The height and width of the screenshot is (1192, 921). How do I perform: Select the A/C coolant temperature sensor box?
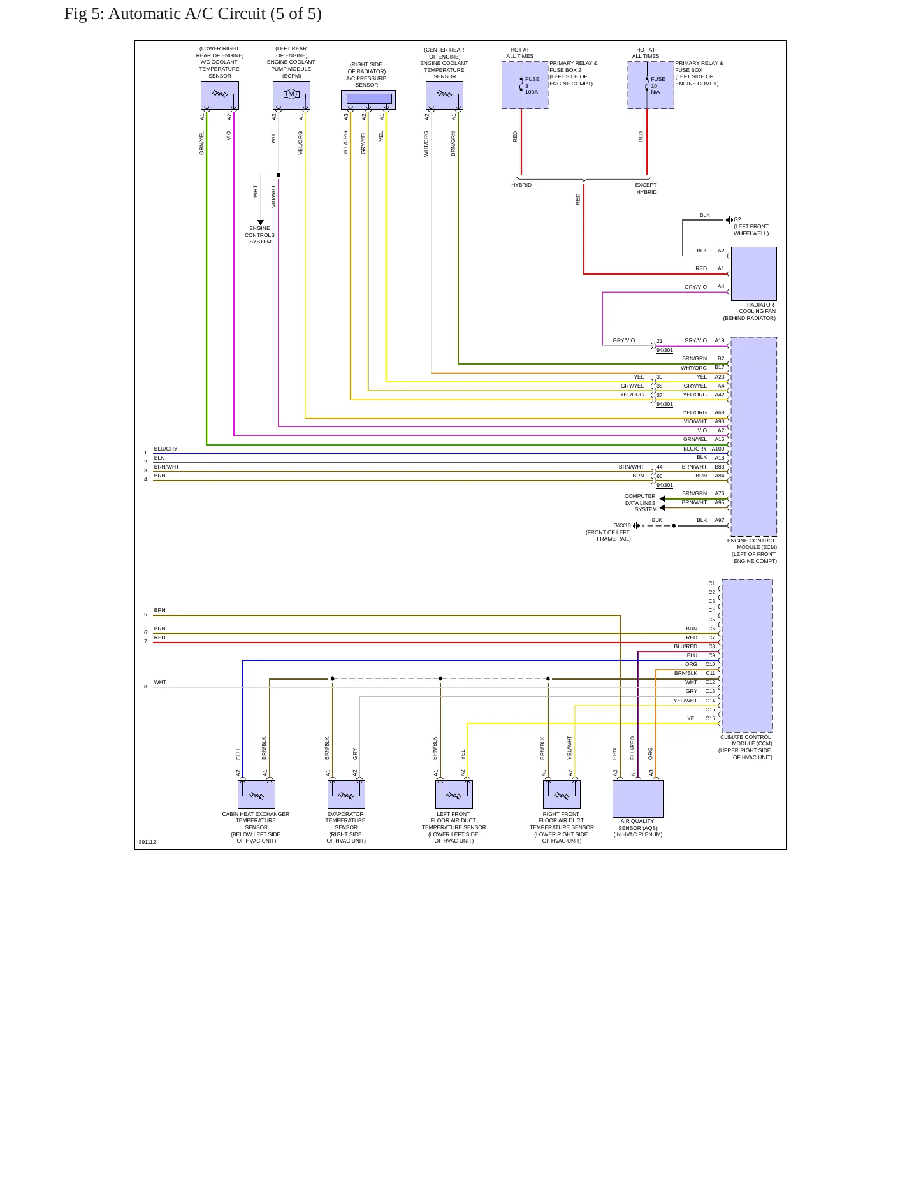coord(220,96)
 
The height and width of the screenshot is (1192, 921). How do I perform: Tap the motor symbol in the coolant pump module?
coord(291,94)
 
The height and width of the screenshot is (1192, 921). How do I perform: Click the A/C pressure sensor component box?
coord(368,99)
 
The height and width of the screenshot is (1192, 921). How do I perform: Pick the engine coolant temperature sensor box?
coord(444,96)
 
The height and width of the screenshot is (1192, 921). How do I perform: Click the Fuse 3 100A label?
coord(532,85)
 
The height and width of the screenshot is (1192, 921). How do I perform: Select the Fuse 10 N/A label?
coord(658,85)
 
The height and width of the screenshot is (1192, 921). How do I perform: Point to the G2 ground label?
coord(737,219)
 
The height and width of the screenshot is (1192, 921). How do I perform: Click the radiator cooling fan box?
coord(753,273)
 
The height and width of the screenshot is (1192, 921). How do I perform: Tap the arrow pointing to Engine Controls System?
coord(260,222)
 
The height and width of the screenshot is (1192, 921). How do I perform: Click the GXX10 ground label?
coord(622,525)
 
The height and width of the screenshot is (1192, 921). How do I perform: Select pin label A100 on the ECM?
coord(718,449)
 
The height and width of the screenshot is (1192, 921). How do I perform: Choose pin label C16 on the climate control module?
coord(711,718)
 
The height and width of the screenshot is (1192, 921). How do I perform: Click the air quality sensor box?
coord(638,799)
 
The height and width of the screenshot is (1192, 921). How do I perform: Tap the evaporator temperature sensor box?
coord(346,794)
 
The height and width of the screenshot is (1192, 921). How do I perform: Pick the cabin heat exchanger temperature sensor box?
coord(256,794)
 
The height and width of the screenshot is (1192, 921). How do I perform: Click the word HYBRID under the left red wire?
coord(521,185)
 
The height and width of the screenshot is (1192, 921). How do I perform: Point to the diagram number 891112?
coord(147,842)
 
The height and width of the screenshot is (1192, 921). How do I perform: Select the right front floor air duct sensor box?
coord(562,794)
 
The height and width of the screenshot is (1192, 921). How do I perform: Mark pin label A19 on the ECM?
coord(720,340)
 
